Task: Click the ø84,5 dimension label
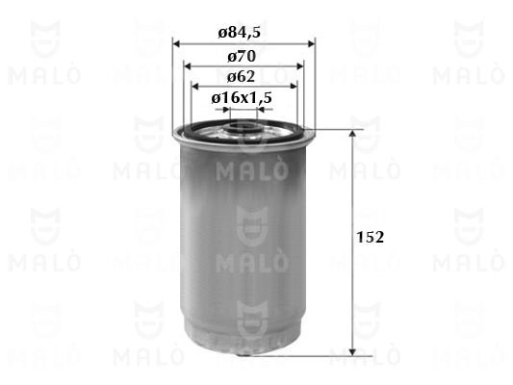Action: tap(239, 33)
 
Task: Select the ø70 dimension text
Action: tap(242, 56)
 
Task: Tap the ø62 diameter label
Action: tap(241, 77)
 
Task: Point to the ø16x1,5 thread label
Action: tap(242, 97)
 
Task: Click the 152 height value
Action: tap(370, 237)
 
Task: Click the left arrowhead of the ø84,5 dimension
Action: tap(177, 43)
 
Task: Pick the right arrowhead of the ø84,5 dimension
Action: tap(311, 43)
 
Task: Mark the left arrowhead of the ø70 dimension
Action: tap(188, 66)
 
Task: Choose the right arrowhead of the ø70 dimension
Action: tap(299, 66)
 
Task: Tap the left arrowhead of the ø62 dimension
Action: tap(195, 87)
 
